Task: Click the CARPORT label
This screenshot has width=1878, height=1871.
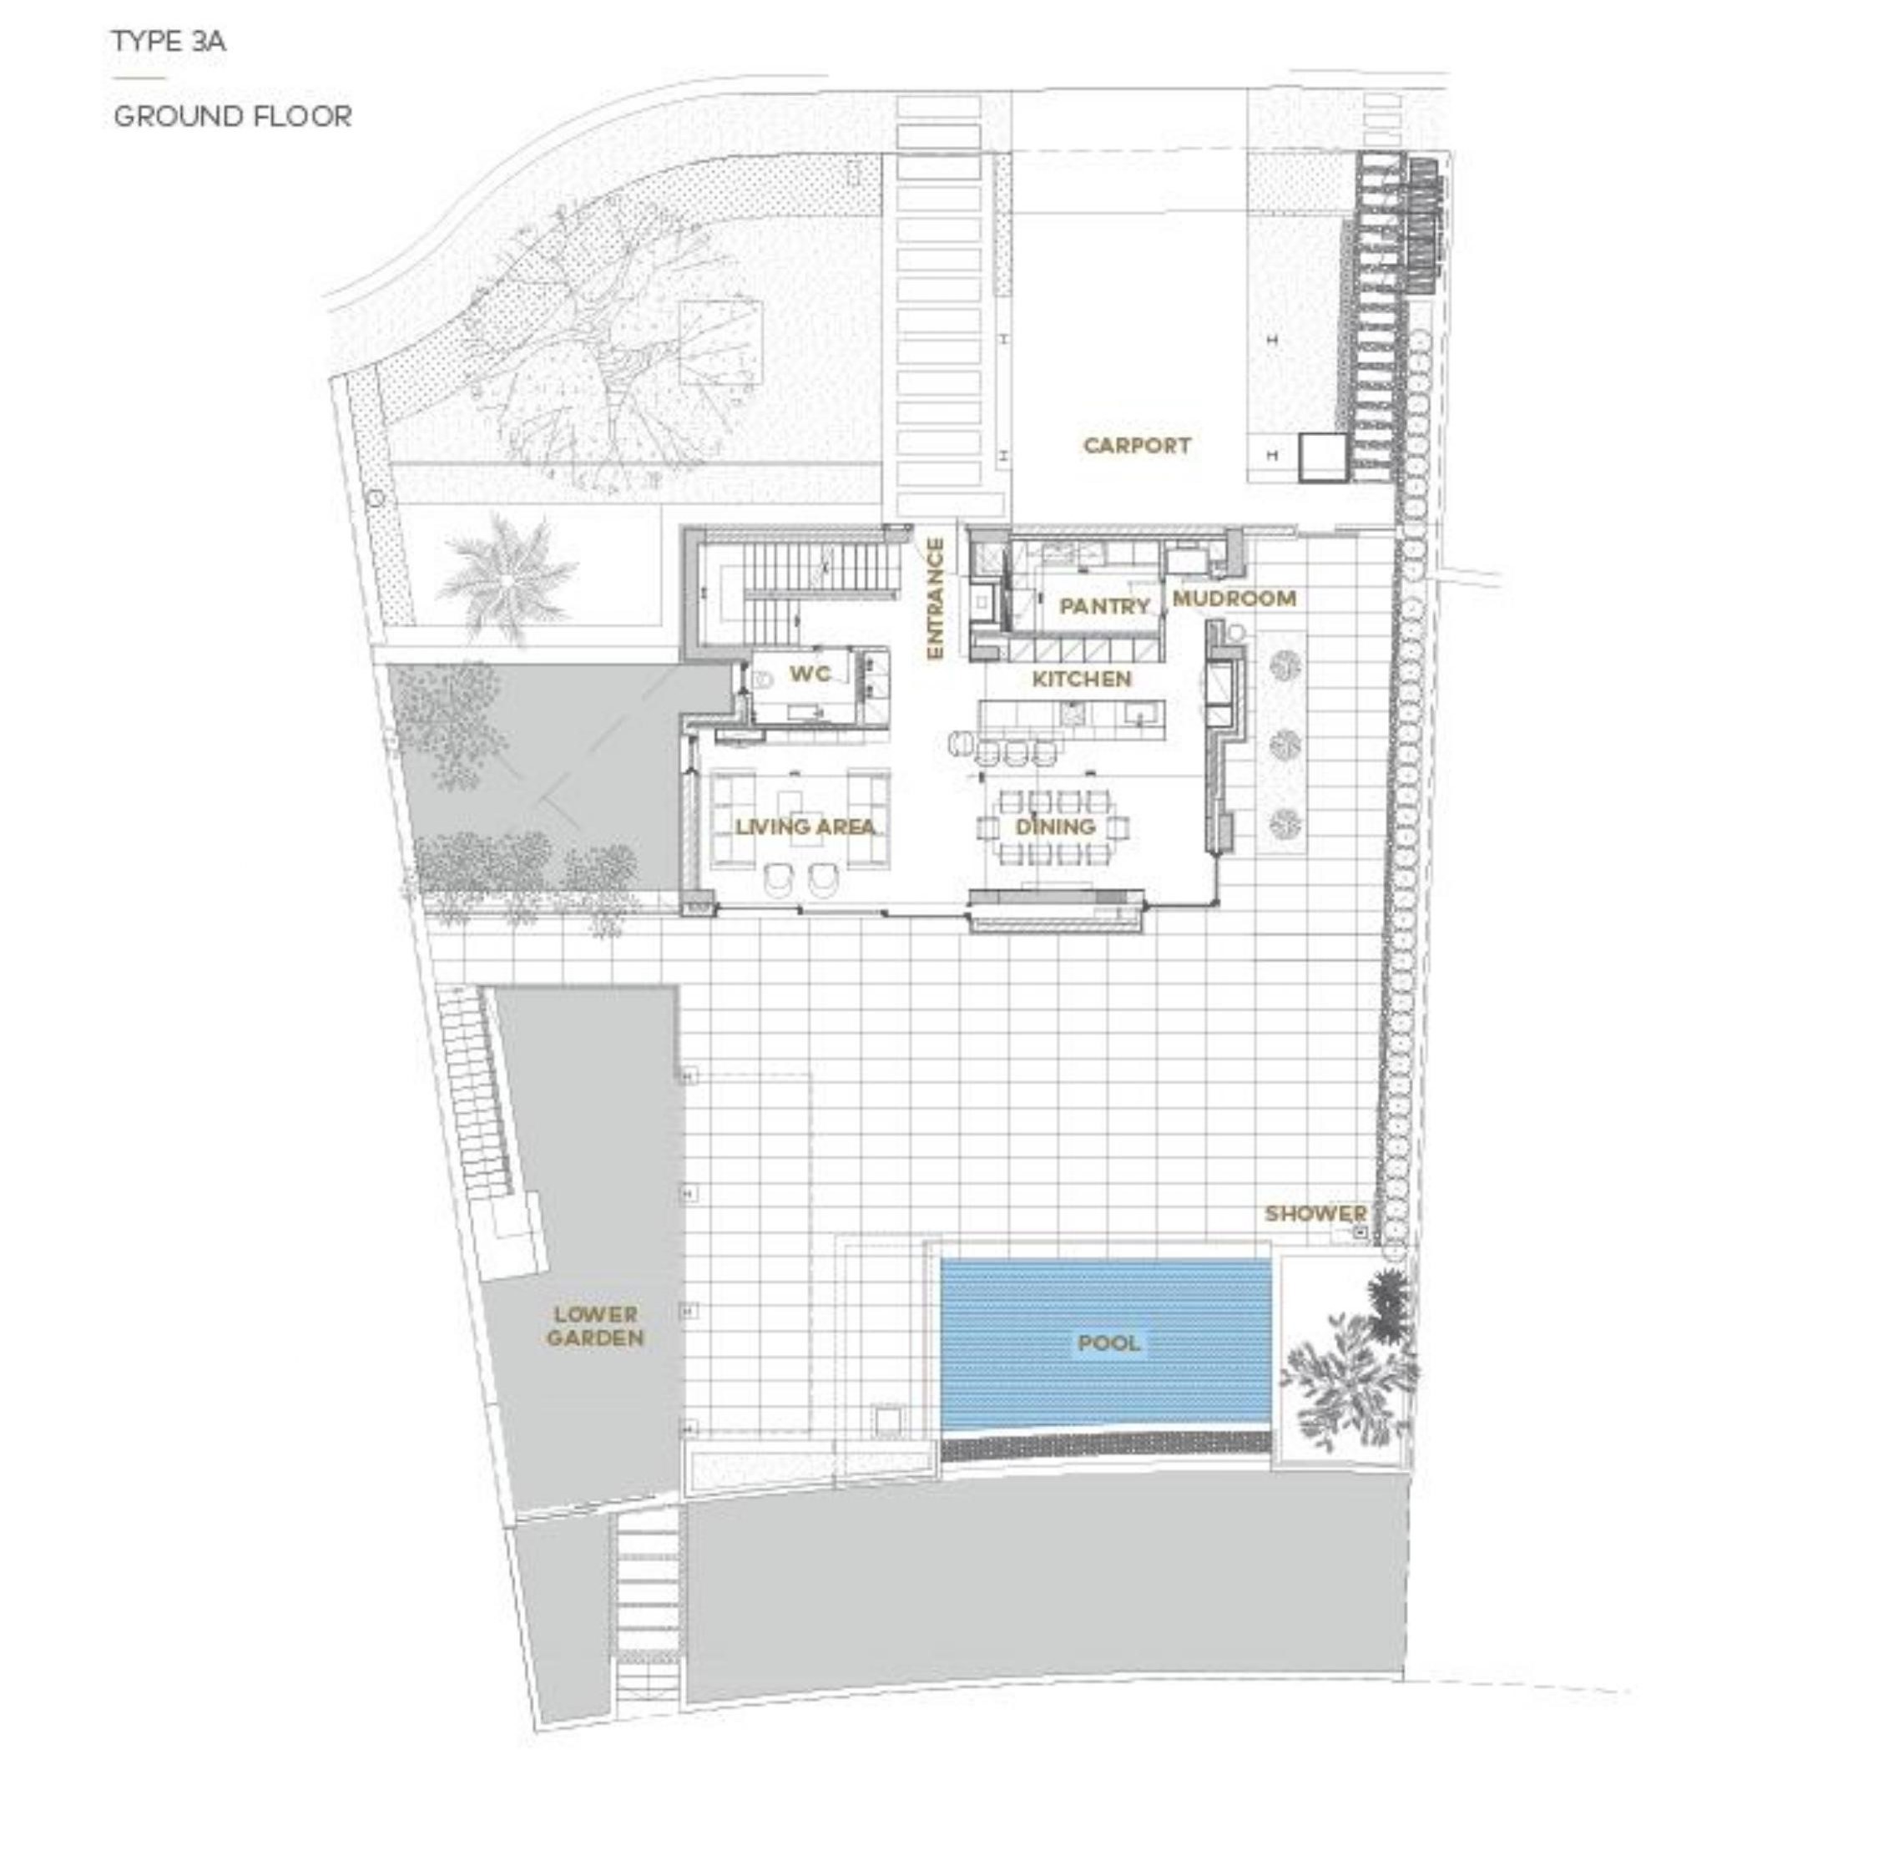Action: tap(1136, 445)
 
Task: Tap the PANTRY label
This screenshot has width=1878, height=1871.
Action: tap(1104, 606)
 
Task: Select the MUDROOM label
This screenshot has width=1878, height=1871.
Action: tap(1234, 598)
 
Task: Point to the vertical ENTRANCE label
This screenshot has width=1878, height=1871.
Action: tap(935, 599)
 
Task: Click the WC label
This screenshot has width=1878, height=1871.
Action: tap(810, 674)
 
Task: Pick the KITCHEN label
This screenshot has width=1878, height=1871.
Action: tap(1082, 679)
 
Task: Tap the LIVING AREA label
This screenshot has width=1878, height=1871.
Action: tap(805, 827)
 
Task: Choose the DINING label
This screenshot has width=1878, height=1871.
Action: tap(1056, 827)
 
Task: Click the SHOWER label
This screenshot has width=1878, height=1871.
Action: tap(1315, 1214)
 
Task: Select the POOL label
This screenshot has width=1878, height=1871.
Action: tap(1109, 1343)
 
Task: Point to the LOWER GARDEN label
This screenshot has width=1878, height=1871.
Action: tap(595, 1327)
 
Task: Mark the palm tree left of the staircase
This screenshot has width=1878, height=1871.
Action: tap(507, 579)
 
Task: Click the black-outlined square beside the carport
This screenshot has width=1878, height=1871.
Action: tap(1323, 457)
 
